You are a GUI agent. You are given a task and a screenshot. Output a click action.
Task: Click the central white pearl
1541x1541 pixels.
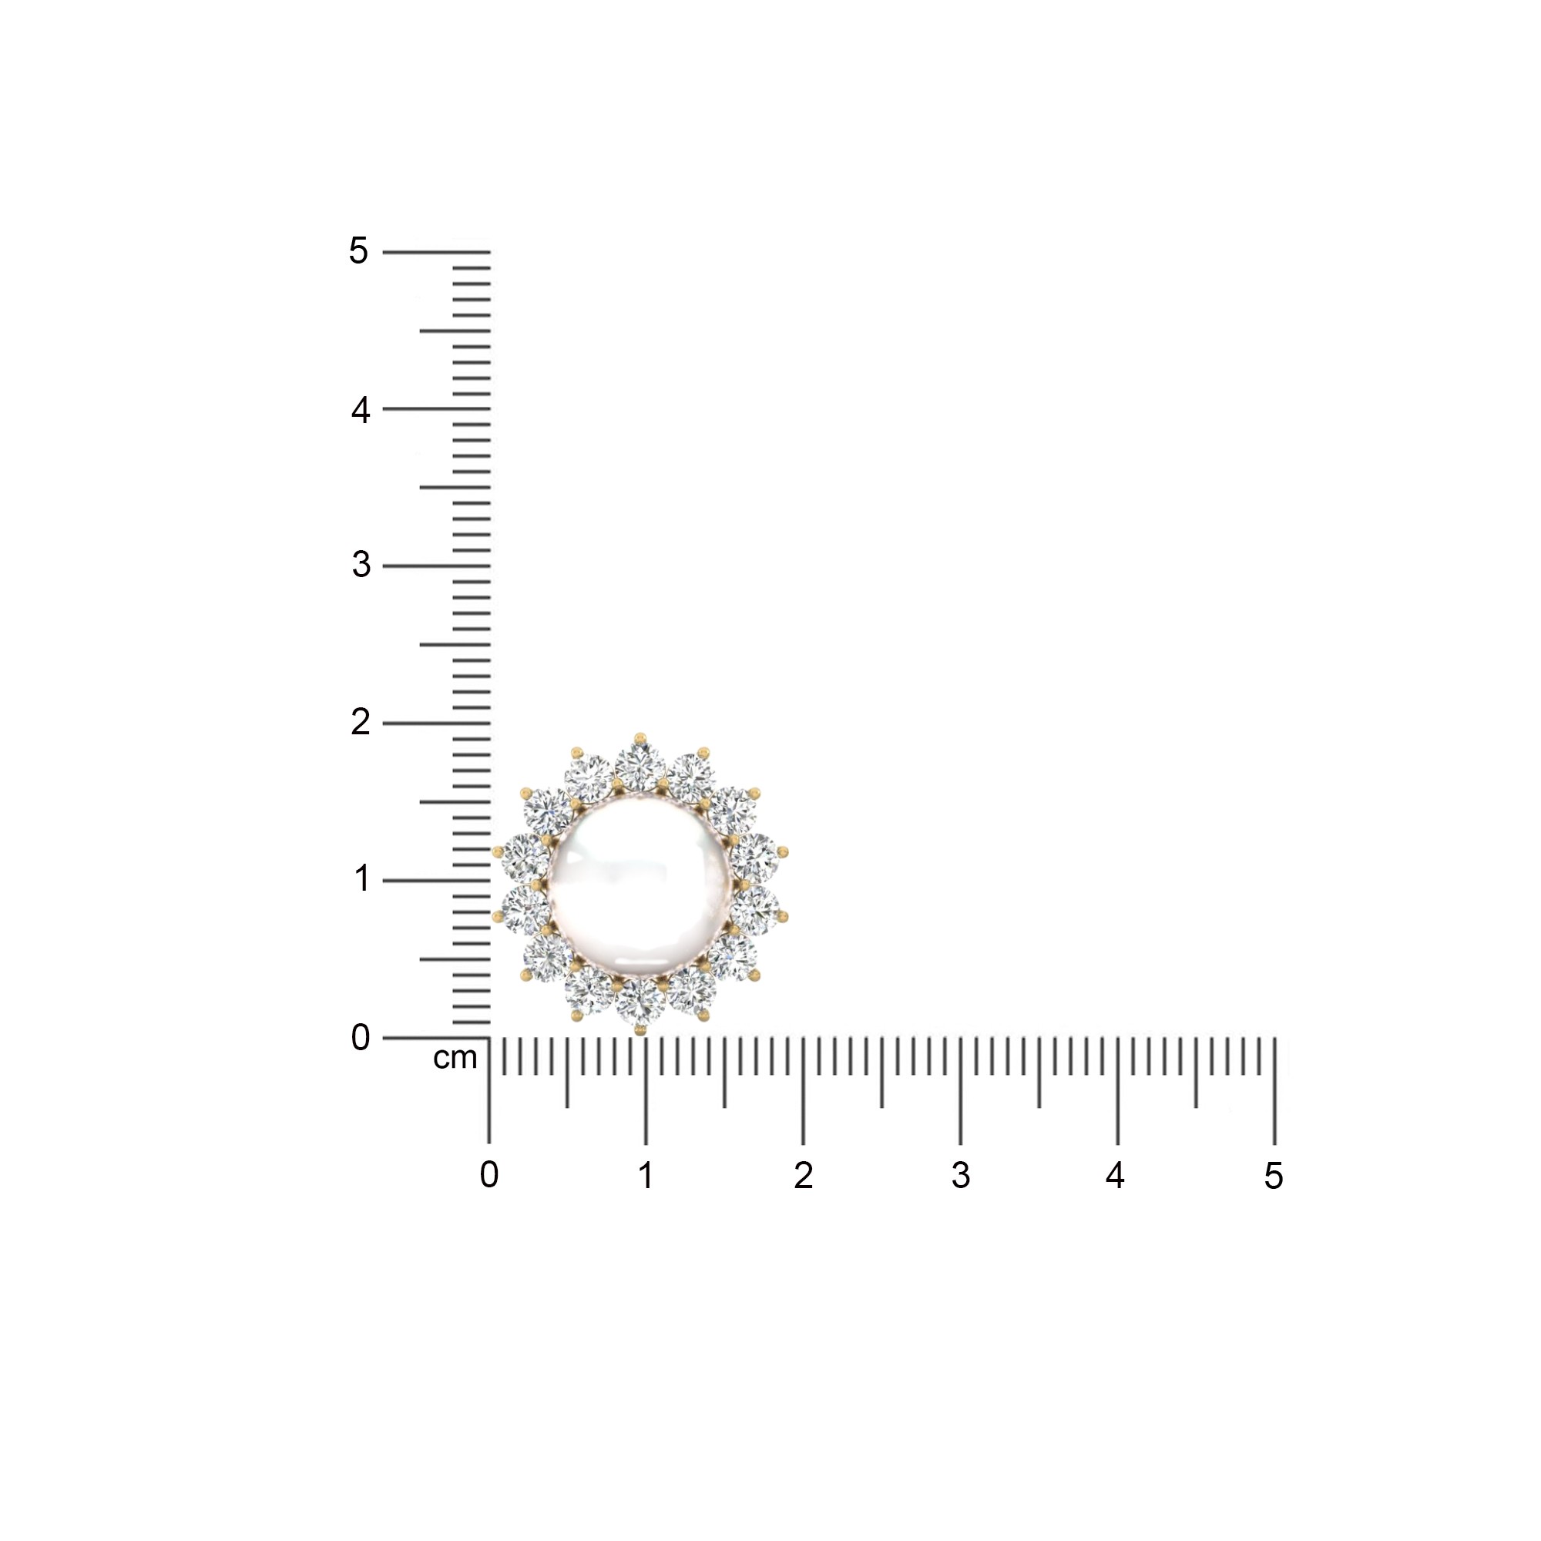tap(640, 881)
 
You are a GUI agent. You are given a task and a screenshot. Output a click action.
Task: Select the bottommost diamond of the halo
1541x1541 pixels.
tap(640, 1002)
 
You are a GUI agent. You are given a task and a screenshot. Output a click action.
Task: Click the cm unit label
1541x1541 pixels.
tap(455, 1059)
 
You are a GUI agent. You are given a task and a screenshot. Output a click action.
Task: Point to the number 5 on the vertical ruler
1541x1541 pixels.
tap(358, 251)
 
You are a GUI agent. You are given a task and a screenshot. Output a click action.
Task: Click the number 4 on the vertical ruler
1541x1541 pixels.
tap(361, 411)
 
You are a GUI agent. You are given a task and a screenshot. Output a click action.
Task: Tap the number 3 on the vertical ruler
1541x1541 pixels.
tap(361, 565)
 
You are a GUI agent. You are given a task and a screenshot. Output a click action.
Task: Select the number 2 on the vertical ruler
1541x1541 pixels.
tap(361, 723)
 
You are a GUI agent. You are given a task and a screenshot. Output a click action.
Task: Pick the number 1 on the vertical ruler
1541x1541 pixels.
tap(361, 878)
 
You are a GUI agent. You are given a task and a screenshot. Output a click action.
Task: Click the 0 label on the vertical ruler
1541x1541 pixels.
tap(361, 1038)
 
